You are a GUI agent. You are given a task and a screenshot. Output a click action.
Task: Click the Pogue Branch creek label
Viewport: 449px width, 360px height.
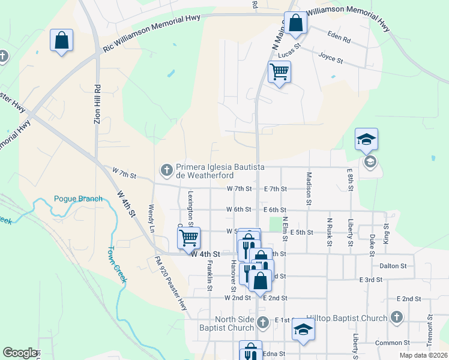pyautogui.click(x=78, y=199)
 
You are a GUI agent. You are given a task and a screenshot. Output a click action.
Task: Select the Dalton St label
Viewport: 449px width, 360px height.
pyautogui.click(x=393, y=265)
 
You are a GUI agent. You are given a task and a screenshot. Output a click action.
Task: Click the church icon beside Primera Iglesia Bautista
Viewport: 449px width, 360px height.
pyautogui.click(x=166, y=170)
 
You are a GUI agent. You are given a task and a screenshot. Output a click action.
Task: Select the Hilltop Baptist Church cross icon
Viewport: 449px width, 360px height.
pyautogui.click(x=396, y=317)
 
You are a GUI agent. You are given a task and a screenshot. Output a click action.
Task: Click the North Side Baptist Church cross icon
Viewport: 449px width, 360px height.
pyautogui.click(x=262, y=323)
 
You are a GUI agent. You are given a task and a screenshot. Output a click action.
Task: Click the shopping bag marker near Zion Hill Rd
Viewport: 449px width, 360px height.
pyautogui.click(x=61, y=41)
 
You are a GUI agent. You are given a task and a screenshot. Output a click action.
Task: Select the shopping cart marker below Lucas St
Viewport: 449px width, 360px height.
pyautogui.click(x=279, y=72)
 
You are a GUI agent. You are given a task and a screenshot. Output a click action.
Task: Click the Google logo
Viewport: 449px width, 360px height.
pyautogui.click(x=20, y=353)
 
